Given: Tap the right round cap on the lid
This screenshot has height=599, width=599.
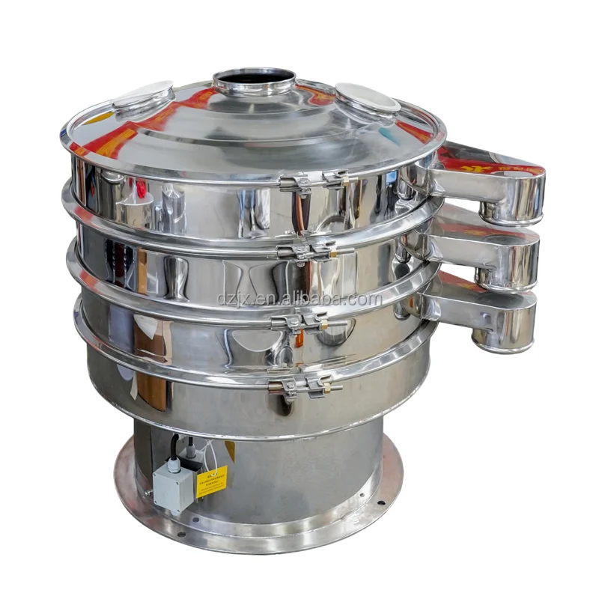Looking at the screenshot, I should pyautogui.click(x=367, y=97).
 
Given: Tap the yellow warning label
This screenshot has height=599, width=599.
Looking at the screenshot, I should pyautogui.click(x=211, y=481).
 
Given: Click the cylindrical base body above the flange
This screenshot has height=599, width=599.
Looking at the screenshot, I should pyautogui.click(x=299, y=464).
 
